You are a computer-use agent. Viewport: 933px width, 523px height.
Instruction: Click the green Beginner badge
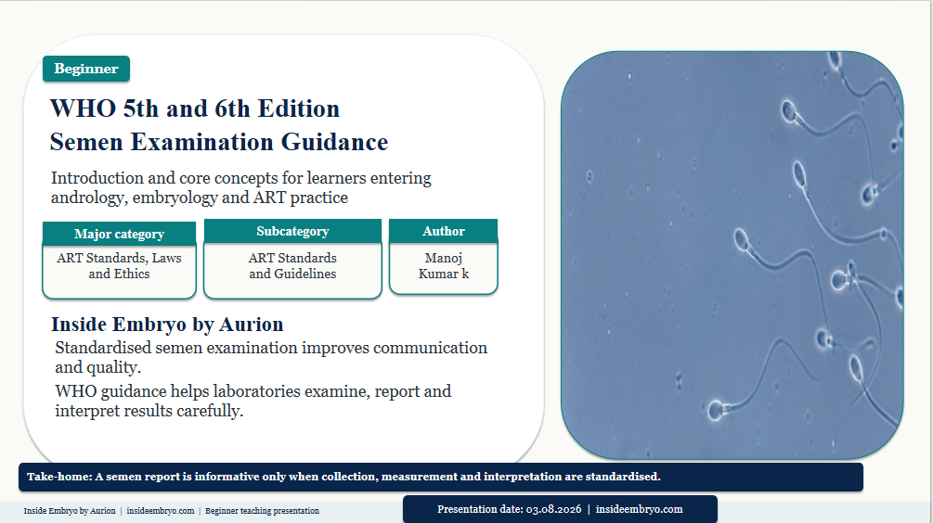coord(86,69)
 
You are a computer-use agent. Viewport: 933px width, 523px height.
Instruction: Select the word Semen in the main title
coord(86,142)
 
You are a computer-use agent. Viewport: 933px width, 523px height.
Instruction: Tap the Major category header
coord(119,234)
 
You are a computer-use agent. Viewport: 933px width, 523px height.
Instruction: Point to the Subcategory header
coord(292,231)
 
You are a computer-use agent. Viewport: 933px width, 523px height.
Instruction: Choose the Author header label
coord(444,231)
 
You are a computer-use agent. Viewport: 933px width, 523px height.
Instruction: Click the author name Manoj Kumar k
coord(444,265)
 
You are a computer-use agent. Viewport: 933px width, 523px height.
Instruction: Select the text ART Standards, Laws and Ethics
coord(119,265)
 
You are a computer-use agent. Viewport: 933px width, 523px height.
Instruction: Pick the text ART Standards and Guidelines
coord(292,265)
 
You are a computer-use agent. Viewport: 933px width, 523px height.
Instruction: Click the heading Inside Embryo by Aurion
coord(167,325)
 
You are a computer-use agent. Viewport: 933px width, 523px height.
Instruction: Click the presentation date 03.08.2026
coord(553,509)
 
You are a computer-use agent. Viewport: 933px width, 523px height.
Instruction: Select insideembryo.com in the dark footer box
coord(639,509)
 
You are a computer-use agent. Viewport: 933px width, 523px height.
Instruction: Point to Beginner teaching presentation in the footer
coord(263,511)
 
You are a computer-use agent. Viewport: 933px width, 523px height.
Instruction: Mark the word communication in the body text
coord(430,348)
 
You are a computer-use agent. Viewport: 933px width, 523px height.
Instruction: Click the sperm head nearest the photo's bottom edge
coord(715,410)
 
